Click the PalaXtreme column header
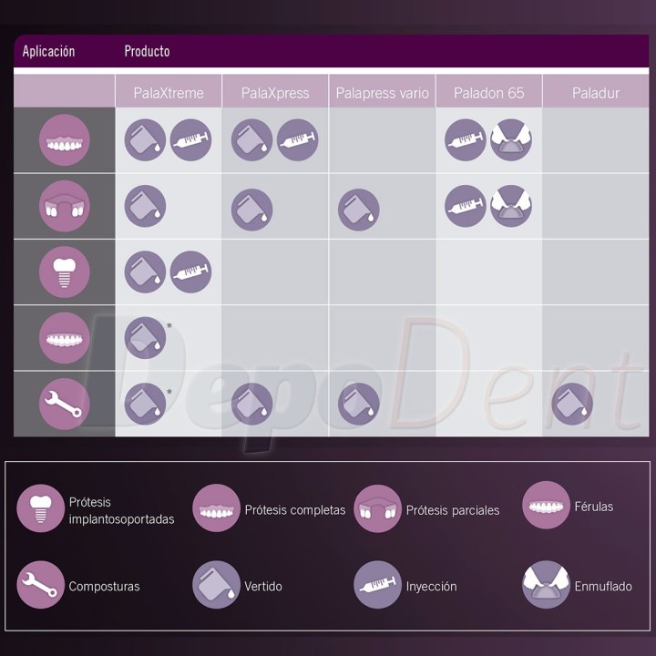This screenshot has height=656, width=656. [x=169, y=93]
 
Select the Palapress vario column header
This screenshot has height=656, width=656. [x=382, y=93]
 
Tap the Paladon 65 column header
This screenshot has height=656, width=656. [x=488, y=93]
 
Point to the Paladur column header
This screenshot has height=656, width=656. [x=595, y=93]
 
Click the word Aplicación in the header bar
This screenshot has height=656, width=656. [x=48, y=51]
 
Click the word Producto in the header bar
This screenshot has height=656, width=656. [x=147, y=51]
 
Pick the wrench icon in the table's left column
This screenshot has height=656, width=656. [x=65, y=404]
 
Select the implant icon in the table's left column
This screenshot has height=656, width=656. [x=65, y=272]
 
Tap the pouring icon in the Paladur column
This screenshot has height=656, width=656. [x=572, y=404]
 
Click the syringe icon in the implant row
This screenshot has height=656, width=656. [x=190, y=272]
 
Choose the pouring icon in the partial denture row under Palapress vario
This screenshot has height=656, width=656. [x=359, y=210]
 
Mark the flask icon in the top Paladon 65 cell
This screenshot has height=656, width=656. [x=511, y=139]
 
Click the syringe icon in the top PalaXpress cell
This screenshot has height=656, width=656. [x=297, y=139]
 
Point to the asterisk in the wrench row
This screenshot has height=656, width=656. [x=169, y=392]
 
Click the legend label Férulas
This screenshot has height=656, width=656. [x=594, y=507]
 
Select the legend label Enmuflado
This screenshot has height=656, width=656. [x=603, y=586]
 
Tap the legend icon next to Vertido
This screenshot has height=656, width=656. [x=216, y=584]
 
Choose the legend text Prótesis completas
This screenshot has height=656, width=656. [x=295, y=510]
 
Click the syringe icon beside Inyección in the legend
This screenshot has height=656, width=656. [x=377, y=584]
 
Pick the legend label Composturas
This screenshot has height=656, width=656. [x=104, y=586]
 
